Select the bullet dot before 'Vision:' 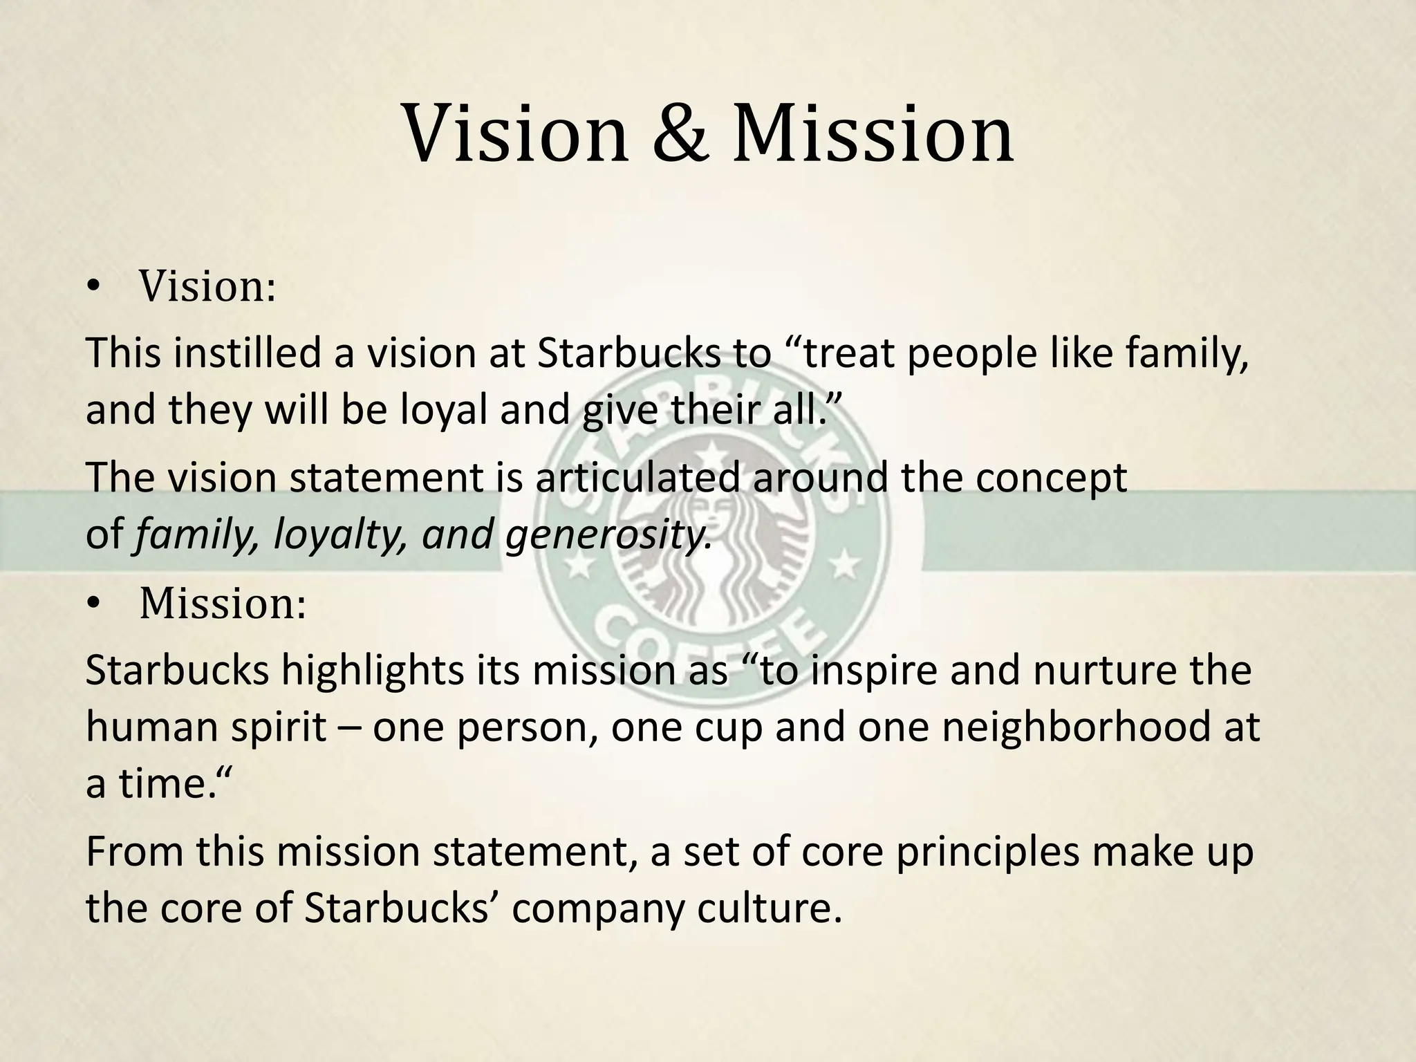tap(93, 289)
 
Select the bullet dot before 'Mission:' tap(93, 606)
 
